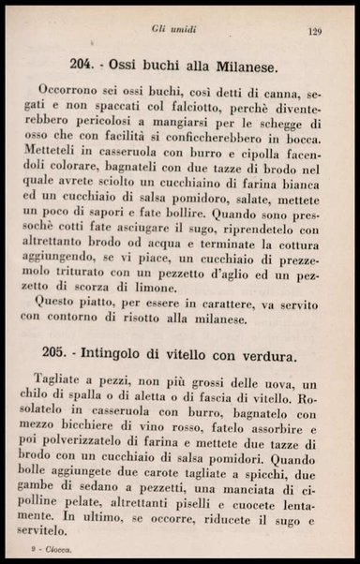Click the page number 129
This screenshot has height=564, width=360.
[x=316, y=31]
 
